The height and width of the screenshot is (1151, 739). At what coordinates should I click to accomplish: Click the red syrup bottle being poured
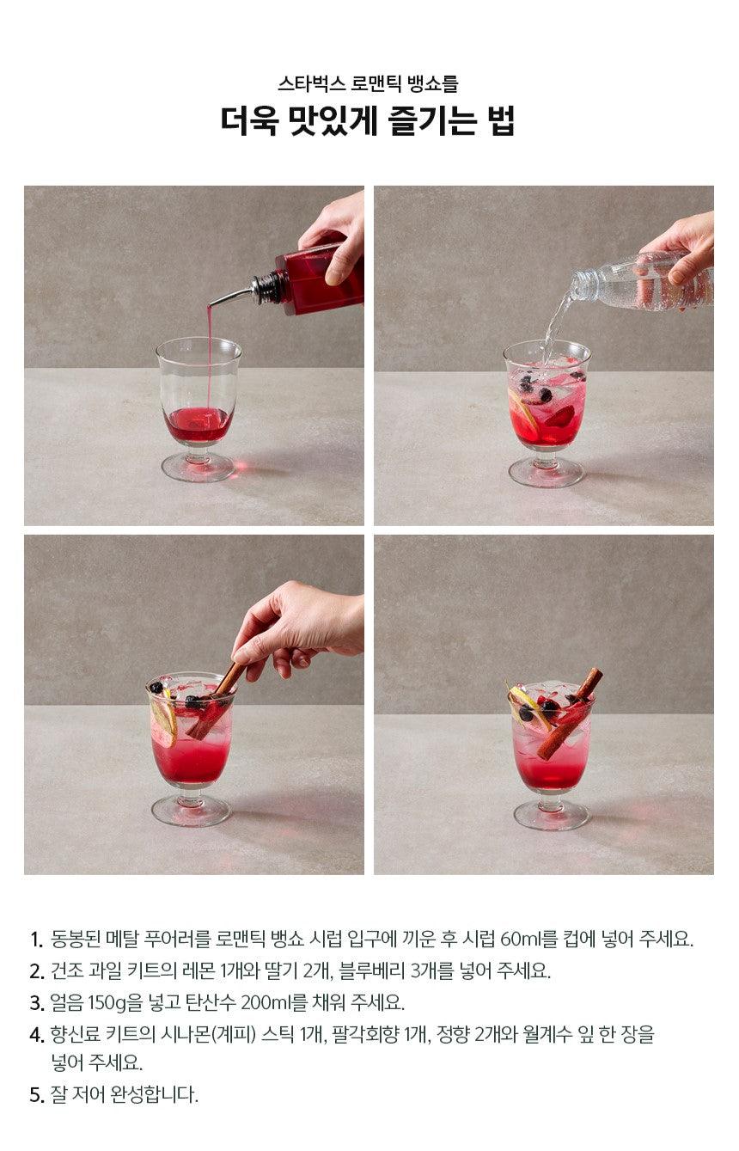[x=319, y=278]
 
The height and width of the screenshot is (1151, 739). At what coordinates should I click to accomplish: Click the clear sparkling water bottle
[x=642, y=282]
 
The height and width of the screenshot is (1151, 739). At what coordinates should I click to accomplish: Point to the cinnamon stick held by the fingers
[x=215, y=701]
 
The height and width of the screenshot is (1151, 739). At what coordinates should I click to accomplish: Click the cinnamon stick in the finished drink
[x=570, y=713]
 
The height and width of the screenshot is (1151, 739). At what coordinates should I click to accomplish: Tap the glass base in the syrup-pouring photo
[x=198, y=468]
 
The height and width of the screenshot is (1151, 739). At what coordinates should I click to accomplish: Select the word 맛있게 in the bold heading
[x=333, y=121]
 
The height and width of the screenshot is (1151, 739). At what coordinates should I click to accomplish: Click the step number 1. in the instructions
[x=36, y=939]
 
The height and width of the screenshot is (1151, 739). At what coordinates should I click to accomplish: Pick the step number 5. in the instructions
[x=36, y=1094]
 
